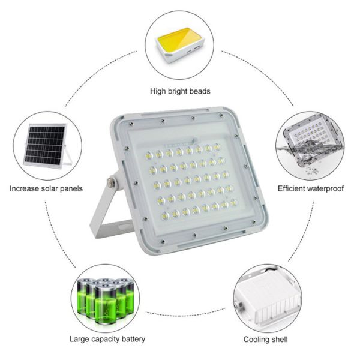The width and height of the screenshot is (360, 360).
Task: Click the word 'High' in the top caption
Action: coord(158,91)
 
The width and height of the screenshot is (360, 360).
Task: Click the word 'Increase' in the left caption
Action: coord(24,188)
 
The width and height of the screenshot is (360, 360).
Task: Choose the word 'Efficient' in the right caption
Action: coord(292,188)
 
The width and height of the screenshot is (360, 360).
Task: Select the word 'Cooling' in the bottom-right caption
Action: coord(255,340)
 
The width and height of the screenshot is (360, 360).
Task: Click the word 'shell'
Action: coord(278,340)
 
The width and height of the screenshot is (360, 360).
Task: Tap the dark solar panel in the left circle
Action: coord(46,145)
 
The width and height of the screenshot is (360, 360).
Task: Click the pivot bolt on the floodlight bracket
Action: coord(112,182)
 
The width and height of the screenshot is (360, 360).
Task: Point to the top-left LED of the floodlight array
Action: coord(149,156)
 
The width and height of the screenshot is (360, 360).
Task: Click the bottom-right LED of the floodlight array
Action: coord(233,203)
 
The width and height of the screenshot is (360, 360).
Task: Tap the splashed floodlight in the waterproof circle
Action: coord(310,143)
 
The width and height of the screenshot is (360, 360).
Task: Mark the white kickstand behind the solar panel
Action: coord(68,155)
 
